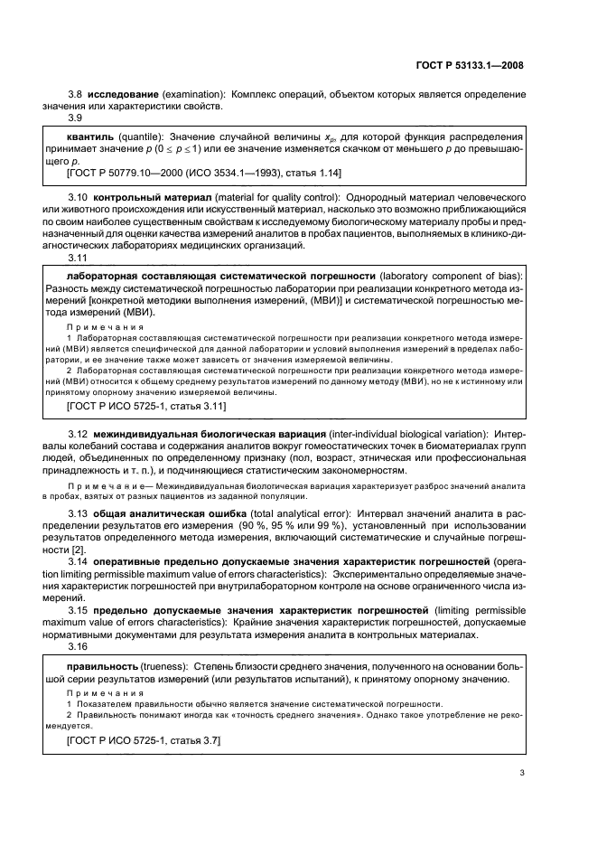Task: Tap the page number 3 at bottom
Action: (522, 773)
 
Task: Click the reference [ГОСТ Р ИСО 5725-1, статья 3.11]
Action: (147, 407)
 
